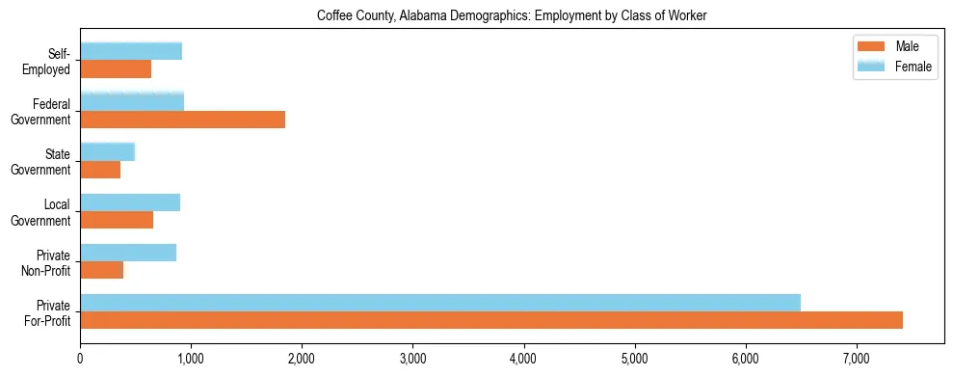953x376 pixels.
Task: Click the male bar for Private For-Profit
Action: (x=491, y=320)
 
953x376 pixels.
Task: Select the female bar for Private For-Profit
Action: (x=440, y=303)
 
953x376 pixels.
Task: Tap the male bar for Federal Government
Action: (x=182, y=120)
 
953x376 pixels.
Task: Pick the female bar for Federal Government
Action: (x=132, y=101)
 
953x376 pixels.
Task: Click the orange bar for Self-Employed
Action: (x=116, y=69)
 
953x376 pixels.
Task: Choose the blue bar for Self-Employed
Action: (x=131, y=51)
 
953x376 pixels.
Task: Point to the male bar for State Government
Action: (x=100, y=170)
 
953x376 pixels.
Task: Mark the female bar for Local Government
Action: (x=130, y=202)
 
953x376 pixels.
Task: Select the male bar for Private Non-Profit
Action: (x=101, y=270)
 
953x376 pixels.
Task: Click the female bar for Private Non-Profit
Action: (x=128, y=253)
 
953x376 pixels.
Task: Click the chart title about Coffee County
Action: (x=512, y=16)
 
